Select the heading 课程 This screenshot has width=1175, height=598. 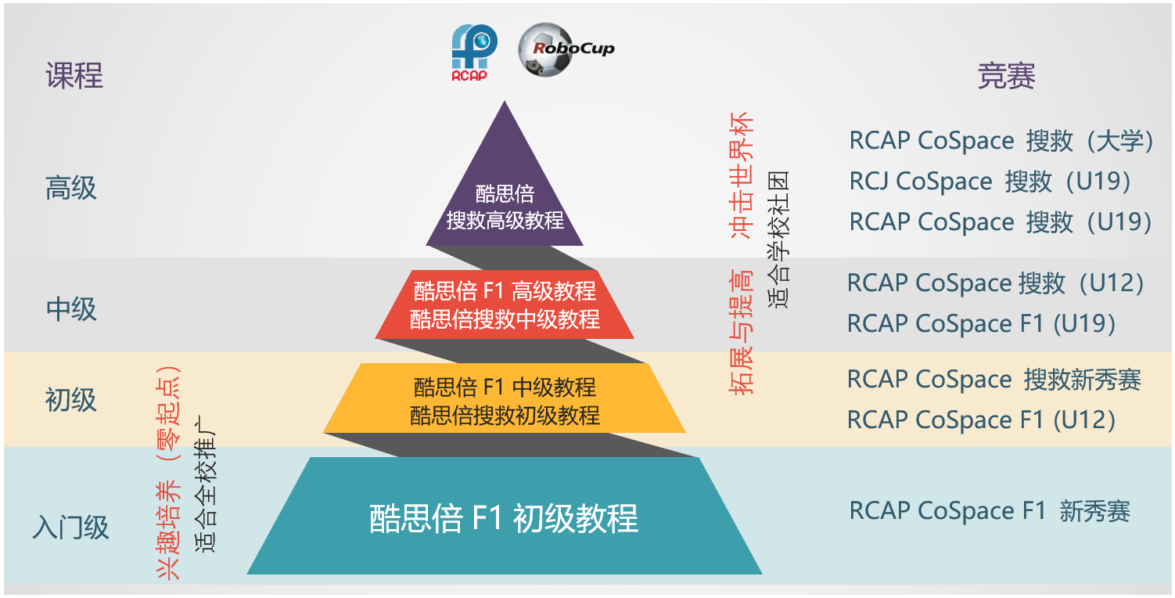74,76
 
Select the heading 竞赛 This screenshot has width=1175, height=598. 1006,77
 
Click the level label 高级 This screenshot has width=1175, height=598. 71,188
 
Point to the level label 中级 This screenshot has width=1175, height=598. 71,308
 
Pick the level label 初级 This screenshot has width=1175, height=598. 71,399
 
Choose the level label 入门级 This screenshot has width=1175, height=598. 71,527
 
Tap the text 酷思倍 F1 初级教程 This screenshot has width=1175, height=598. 505,518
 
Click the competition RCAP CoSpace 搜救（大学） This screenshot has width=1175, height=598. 1002,141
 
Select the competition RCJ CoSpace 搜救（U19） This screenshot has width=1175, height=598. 990,182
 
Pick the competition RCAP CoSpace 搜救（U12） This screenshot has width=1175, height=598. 995,283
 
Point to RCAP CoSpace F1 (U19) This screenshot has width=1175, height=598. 981,323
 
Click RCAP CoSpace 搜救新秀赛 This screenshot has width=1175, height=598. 994,380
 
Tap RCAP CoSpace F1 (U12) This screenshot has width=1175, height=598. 981,420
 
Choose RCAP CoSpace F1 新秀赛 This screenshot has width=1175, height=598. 990,511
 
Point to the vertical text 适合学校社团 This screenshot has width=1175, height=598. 778,239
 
